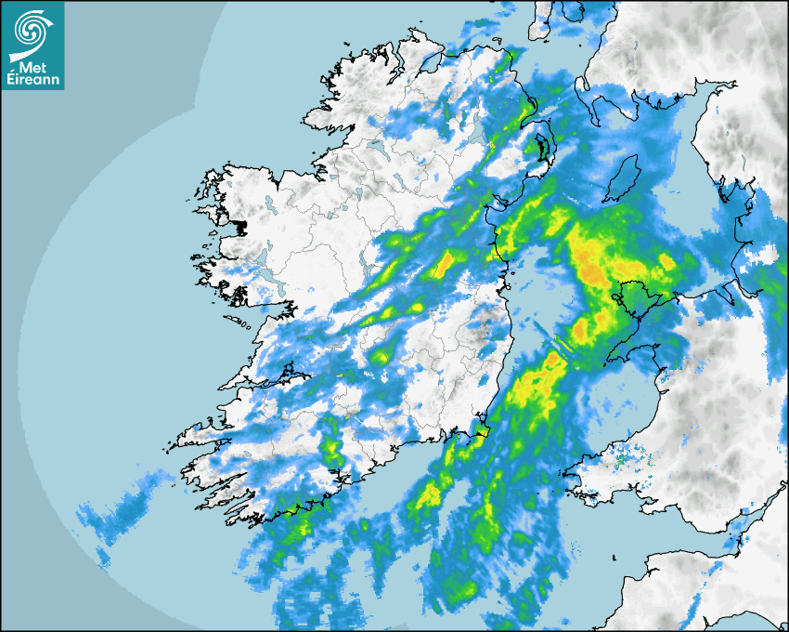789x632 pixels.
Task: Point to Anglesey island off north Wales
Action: tap(632, 300)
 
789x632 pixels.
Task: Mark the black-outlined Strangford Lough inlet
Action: tap(539, 149)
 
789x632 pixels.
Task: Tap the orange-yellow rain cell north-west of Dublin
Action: tap(445, 264)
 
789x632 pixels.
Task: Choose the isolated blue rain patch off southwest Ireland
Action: tap(121, 511)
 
